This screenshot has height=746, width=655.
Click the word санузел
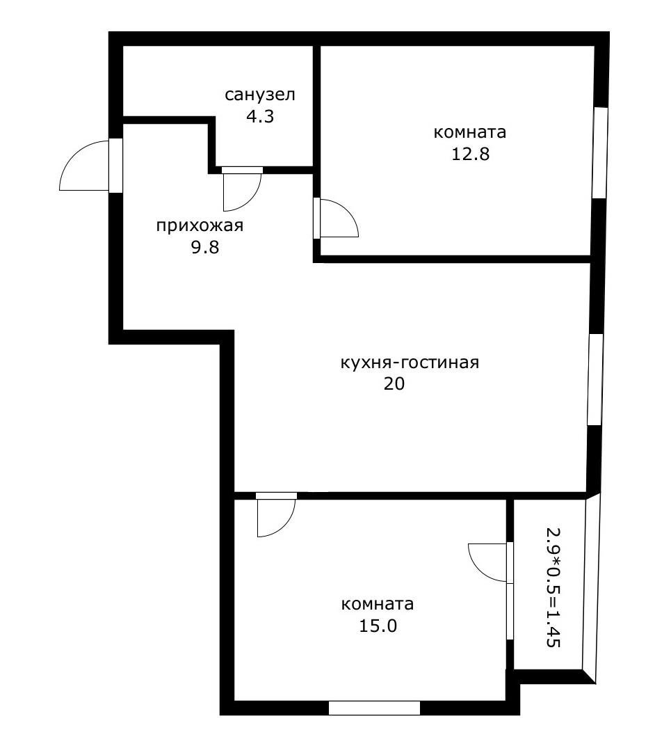260,95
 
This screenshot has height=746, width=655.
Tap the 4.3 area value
260,116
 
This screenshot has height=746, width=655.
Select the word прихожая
200,225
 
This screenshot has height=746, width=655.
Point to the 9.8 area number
205,248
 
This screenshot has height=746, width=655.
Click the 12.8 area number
470,154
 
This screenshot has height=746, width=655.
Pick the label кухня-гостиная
410,363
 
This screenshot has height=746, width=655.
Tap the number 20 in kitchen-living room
394,383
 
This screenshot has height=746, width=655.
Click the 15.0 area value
378,626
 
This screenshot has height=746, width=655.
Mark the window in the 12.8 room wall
599,153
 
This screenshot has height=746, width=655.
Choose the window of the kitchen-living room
595,379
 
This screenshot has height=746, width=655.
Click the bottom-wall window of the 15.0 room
374,708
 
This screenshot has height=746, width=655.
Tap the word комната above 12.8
470,132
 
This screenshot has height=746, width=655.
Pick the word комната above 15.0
378,603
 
